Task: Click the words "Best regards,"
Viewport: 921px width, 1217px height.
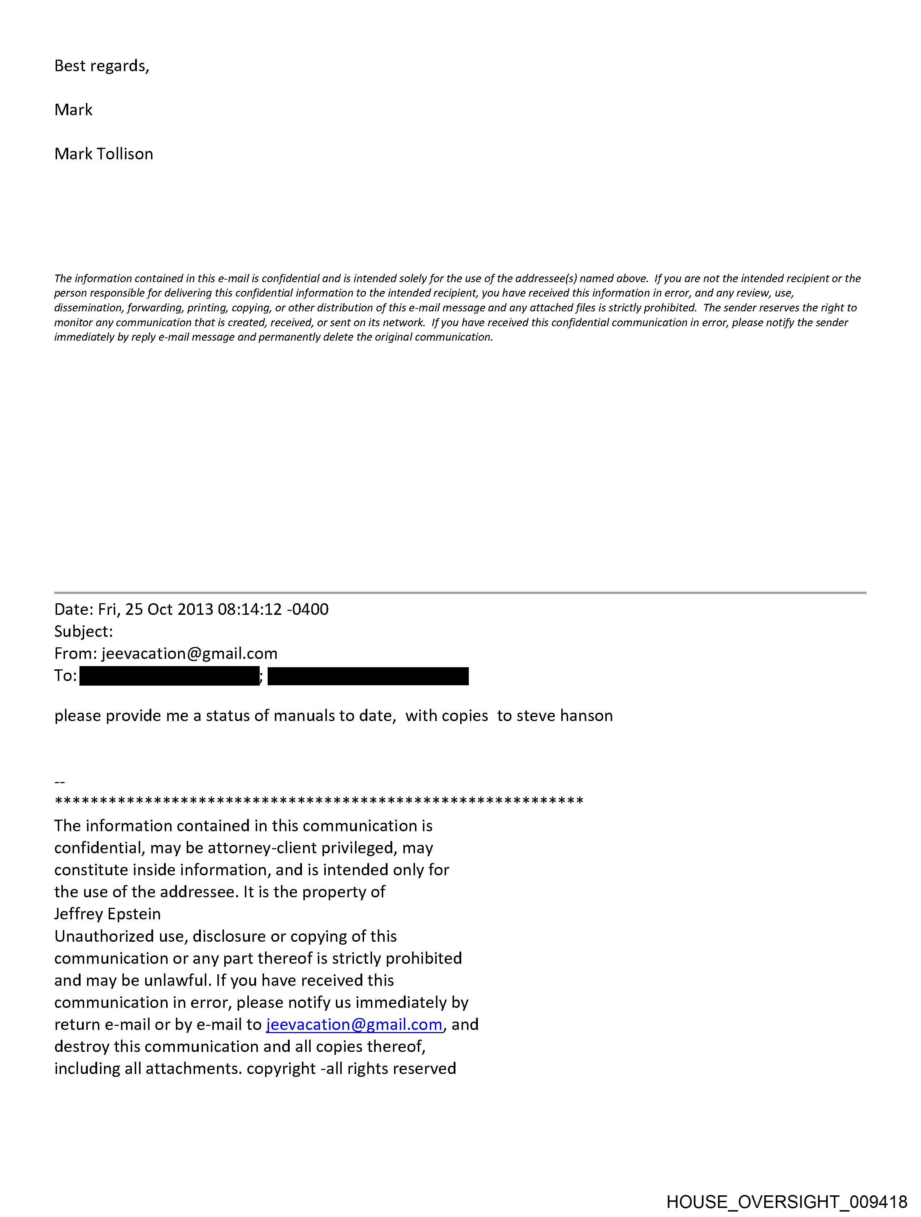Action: [x=102, y=66]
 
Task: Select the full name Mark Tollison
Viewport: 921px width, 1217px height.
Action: [x=103, y=154]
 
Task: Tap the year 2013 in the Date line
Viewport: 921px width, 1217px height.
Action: [x=195, y=610]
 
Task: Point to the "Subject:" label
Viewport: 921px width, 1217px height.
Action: [x=83, y=631]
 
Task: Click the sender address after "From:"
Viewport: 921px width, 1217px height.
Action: [x=189, y=653]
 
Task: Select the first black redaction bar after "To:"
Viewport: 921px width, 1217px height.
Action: [x=169, y=676]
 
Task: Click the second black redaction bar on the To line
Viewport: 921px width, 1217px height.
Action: [x=368, y=676]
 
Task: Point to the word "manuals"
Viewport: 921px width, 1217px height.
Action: [x=304, y=716]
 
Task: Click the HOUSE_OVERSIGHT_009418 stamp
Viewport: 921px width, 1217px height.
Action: [x=787, y=1201]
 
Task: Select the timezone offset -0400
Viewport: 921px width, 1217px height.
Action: [x=308, y=610]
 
